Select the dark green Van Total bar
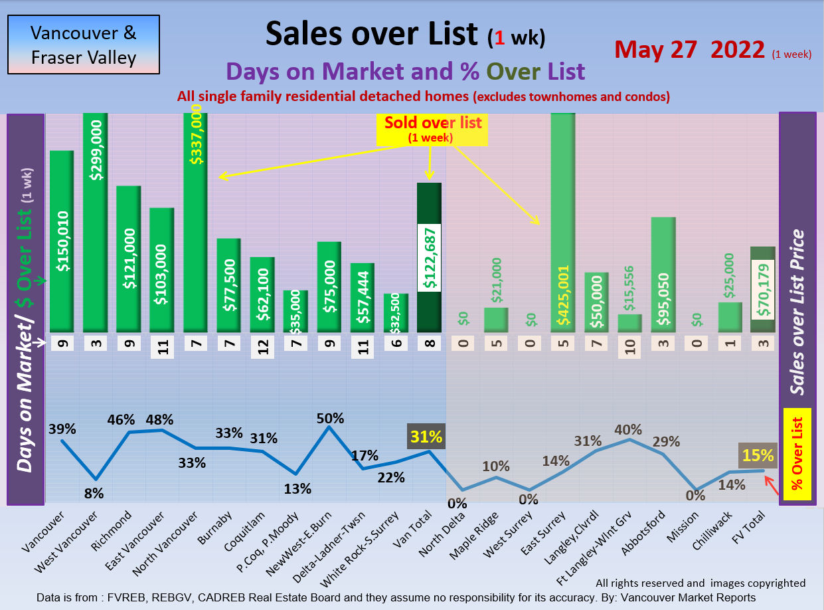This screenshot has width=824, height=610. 429,257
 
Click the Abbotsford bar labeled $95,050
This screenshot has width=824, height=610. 663,274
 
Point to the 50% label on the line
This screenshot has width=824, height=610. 330,418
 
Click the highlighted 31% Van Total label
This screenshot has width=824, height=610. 426,437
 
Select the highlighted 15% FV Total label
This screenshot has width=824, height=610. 758,455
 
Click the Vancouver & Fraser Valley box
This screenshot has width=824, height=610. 84,45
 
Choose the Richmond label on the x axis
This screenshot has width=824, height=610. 116,531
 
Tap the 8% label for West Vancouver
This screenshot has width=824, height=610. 94,492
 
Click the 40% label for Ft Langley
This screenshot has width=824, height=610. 627,429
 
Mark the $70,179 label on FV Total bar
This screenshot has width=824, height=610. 762,289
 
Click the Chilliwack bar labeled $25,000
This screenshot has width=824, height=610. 730,318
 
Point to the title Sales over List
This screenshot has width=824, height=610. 371,33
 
